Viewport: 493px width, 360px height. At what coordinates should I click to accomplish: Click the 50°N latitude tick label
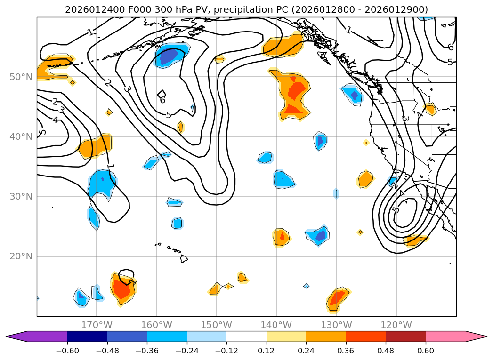click(x=21, y=77)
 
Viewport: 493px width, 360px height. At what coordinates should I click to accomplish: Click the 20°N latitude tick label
click(x=21, y=256)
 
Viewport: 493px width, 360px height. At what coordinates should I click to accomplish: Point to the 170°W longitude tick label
click(x=97, y=325)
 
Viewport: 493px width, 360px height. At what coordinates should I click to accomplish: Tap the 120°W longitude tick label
click(x=396, y=325)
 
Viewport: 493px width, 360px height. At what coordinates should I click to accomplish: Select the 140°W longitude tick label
click(x=276, y=325)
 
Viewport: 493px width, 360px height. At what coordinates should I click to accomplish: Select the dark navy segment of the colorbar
click(x=87, y=336)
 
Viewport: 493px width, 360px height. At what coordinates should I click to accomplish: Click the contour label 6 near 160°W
click(x=162, y=100)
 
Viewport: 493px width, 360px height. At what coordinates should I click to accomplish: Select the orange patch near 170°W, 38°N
click(x=96, y=147)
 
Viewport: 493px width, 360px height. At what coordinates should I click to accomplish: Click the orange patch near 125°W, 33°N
click(x=365, y=179)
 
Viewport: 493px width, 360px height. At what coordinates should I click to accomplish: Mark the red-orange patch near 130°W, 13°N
click(x=338, y=298)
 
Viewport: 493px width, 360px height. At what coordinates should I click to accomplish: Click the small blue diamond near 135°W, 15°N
click(x=306, y=286)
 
